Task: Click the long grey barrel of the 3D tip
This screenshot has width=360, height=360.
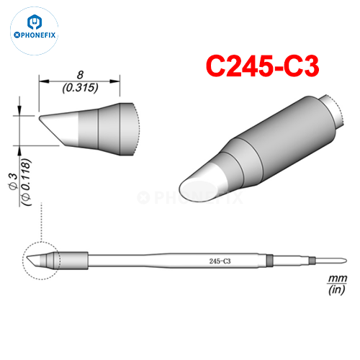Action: coord(277,137)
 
